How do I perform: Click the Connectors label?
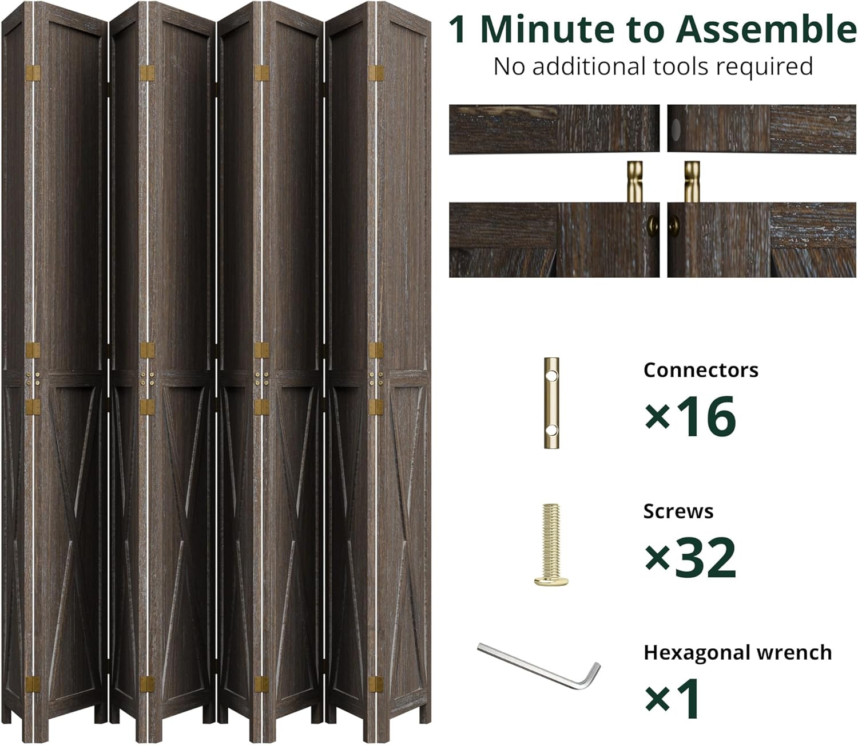701,370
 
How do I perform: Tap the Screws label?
678,511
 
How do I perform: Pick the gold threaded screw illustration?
551,545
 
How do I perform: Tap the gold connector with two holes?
551,403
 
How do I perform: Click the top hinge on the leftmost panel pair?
32,73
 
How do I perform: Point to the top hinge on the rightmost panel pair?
376,73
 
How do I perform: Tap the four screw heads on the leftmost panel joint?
32,378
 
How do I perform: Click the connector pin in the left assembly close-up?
634,182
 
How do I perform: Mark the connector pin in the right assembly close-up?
692,182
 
